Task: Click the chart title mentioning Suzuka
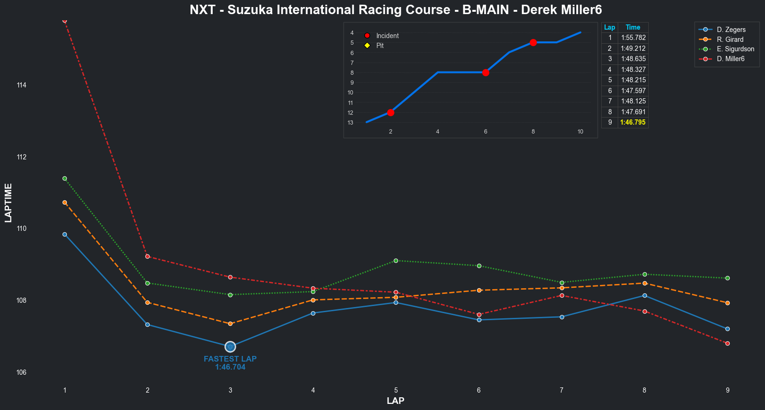point(396,10)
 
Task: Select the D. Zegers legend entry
point(731,30)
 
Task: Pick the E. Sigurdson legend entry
point(735,49)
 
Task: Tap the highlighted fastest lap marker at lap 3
point(230,347)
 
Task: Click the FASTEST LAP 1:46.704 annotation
point(230,363)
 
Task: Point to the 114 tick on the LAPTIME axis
point(22,85)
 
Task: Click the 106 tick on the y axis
point(22,372)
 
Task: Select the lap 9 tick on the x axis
point(727,390)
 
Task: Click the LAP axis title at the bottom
point(395,401)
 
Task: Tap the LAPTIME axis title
point(8,203)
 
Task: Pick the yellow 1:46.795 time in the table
point(633,122)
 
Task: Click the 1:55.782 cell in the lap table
point(633,38)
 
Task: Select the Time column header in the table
point(633,27)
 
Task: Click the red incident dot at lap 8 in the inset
point(533,42)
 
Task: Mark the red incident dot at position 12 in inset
point(390,112)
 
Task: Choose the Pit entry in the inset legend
point(380,46)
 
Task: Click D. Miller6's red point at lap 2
point(147,256)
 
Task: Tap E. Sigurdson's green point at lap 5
point(396,260)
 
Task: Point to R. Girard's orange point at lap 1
point(64,202)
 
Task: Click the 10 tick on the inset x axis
point(580,132)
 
